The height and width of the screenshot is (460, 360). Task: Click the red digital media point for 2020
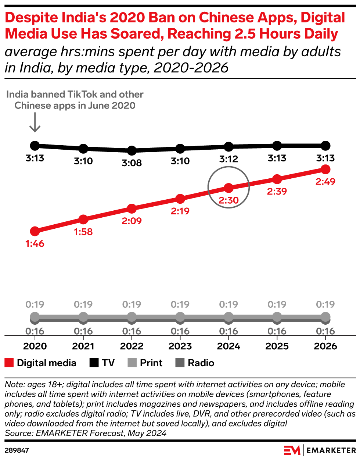click(35, 231)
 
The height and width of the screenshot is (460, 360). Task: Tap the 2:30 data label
click(228, 200)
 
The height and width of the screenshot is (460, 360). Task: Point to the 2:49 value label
click(325, 182)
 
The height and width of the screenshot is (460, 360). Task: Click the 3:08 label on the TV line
click(132, 163)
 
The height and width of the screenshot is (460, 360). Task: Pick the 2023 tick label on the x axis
click(180, 346)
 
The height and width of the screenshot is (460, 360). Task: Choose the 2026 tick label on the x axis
click(325, 346)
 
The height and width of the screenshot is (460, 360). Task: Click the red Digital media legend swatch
click(9, 363)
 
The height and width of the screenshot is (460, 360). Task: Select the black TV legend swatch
click(94, 363)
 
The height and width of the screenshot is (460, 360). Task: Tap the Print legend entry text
click(151, 363)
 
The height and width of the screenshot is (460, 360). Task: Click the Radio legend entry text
click(201, 363)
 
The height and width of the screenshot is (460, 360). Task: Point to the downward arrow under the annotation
click(35, 122)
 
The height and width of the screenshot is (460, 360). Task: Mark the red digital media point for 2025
click(277, 179)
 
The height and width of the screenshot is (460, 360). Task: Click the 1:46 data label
click(35, 244)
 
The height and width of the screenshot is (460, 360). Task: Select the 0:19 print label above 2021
click(83, 304)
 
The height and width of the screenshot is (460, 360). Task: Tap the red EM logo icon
click(292, 450)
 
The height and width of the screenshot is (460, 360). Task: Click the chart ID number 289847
click(17, 450)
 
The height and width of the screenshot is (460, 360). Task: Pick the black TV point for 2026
click(325, 146)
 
